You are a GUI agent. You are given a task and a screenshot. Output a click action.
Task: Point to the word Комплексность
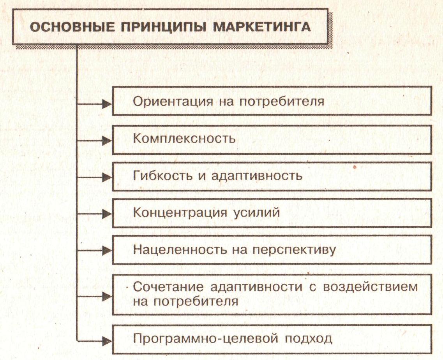pyautogui.click(x=184, y=138)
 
